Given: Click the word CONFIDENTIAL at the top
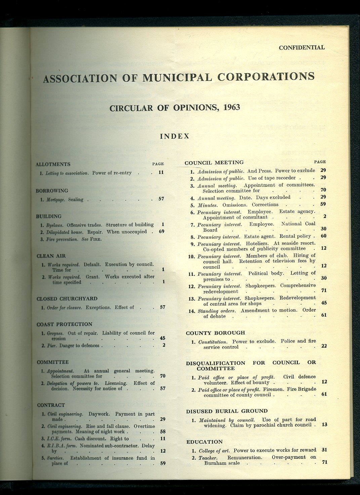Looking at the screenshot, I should pos(302,47).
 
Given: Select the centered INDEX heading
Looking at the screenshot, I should pos(175,136).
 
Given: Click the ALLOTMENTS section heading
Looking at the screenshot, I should pos(53,164).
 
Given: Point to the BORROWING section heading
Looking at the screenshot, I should pos(52,191).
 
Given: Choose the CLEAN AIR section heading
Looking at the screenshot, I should pos(51,256).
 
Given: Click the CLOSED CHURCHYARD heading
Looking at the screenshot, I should pos(67,299).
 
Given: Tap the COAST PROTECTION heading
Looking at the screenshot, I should pos(64,324).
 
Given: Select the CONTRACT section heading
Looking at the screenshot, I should pos(51,405).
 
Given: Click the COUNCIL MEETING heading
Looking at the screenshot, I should pos(214,163).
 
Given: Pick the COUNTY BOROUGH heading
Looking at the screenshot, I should pos(215,333).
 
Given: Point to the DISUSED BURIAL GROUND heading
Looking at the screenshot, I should pos(227,411).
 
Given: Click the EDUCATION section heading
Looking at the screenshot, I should pos(204,442).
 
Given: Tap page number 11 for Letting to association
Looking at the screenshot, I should pos(161,173).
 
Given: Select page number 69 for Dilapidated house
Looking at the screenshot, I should pos(161,232).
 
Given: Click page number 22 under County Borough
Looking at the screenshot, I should pos(324,346).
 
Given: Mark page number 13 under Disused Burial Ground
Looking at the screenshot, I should pos(324,425).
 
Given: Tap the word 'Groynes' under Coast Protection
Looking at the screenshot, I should pos(55,333).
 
